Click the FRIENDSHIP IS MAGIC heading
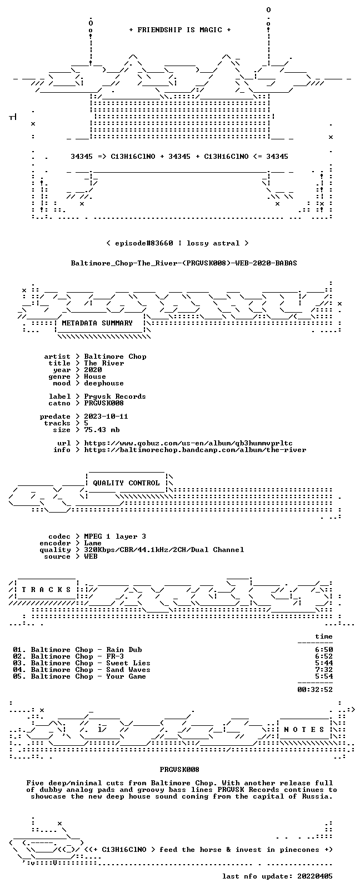point(180,30)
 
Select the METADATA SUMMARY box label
point(97,323)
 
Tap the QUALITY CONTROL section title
point(126,483)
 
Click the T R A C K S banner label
point(46,590)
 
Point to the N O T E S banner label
point(304,730)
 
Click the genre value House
point(95,377)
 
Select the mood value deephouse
point(104,383)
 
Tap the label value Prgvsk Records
point(115,397)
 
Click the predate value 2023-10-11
point(106,416)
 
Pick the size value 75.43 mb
point(102,430)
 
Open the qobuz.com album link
point(188,443)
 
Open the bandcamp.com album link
point(195,450)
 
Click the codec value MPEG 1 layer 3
point(115,536)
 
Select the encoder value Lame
point(92,543)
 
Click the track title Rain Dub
point(124,649)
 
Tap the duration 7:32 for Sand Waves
point(324,669)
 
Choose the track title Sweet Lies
point(128,663)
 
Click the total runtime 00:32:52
point(315,689)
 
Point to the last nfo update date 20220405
point(315,876)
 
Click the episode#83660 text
point(144,243)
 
